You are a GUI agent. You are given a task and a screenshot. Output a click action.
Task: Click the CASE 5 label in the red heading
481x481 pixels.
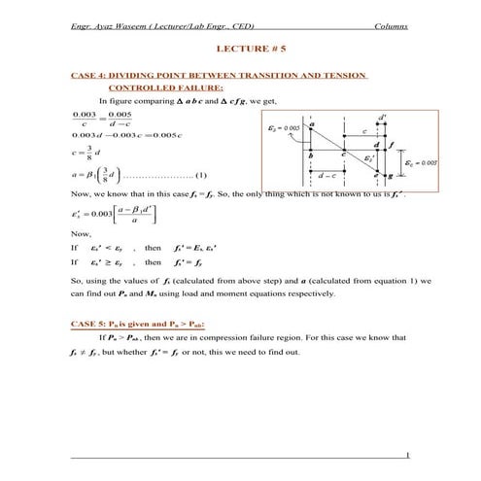pyautogui.click(x=90, y=323)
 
